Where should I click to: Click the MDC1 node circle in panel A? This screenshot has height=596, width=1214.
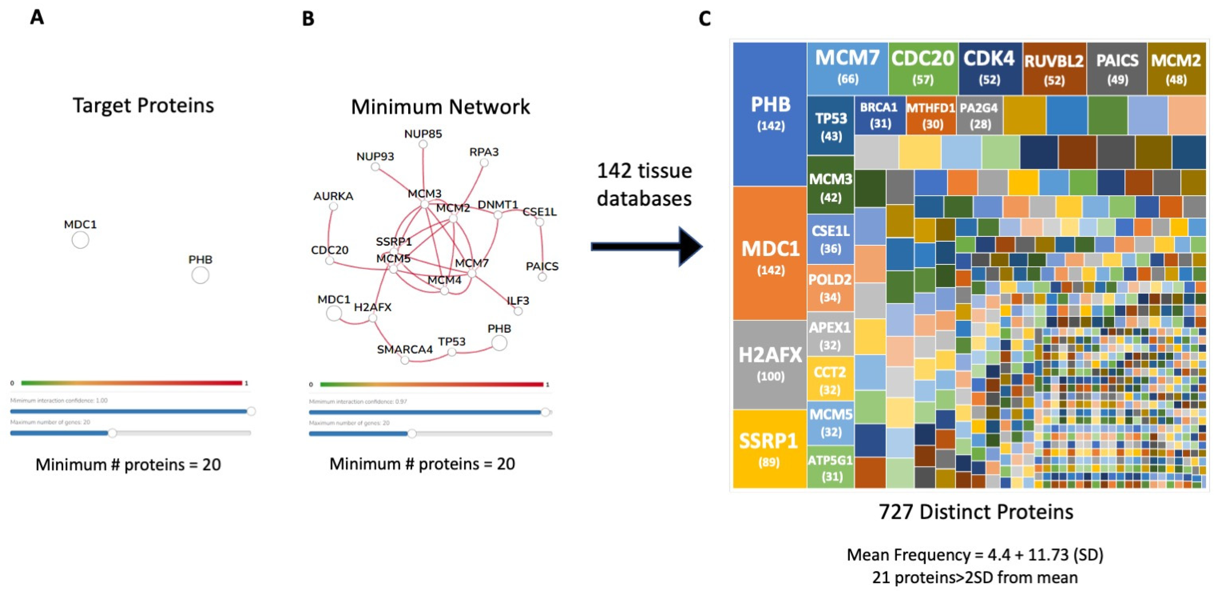(80, 240)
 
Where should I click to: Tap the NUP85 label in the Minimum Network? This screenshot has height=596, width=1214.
(423, 134)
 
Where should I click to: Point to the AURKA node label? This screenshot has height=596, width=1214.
(333, 196)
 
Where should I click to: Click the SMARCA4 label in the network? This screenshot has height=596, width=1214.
(404, 349)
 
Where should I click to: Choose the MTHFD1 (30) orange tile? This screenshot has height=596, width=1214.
(931, 115)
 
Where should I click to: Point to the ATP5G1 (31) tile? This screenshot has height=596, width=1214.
(830, 468)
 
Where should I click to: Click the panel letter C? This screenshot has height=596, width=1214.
(705, 19)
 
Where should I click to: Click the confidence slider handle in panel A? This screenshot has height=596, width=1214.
(251, 411)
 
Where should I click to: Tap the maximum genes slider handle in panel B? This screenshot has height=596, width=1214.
(411, 434)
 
